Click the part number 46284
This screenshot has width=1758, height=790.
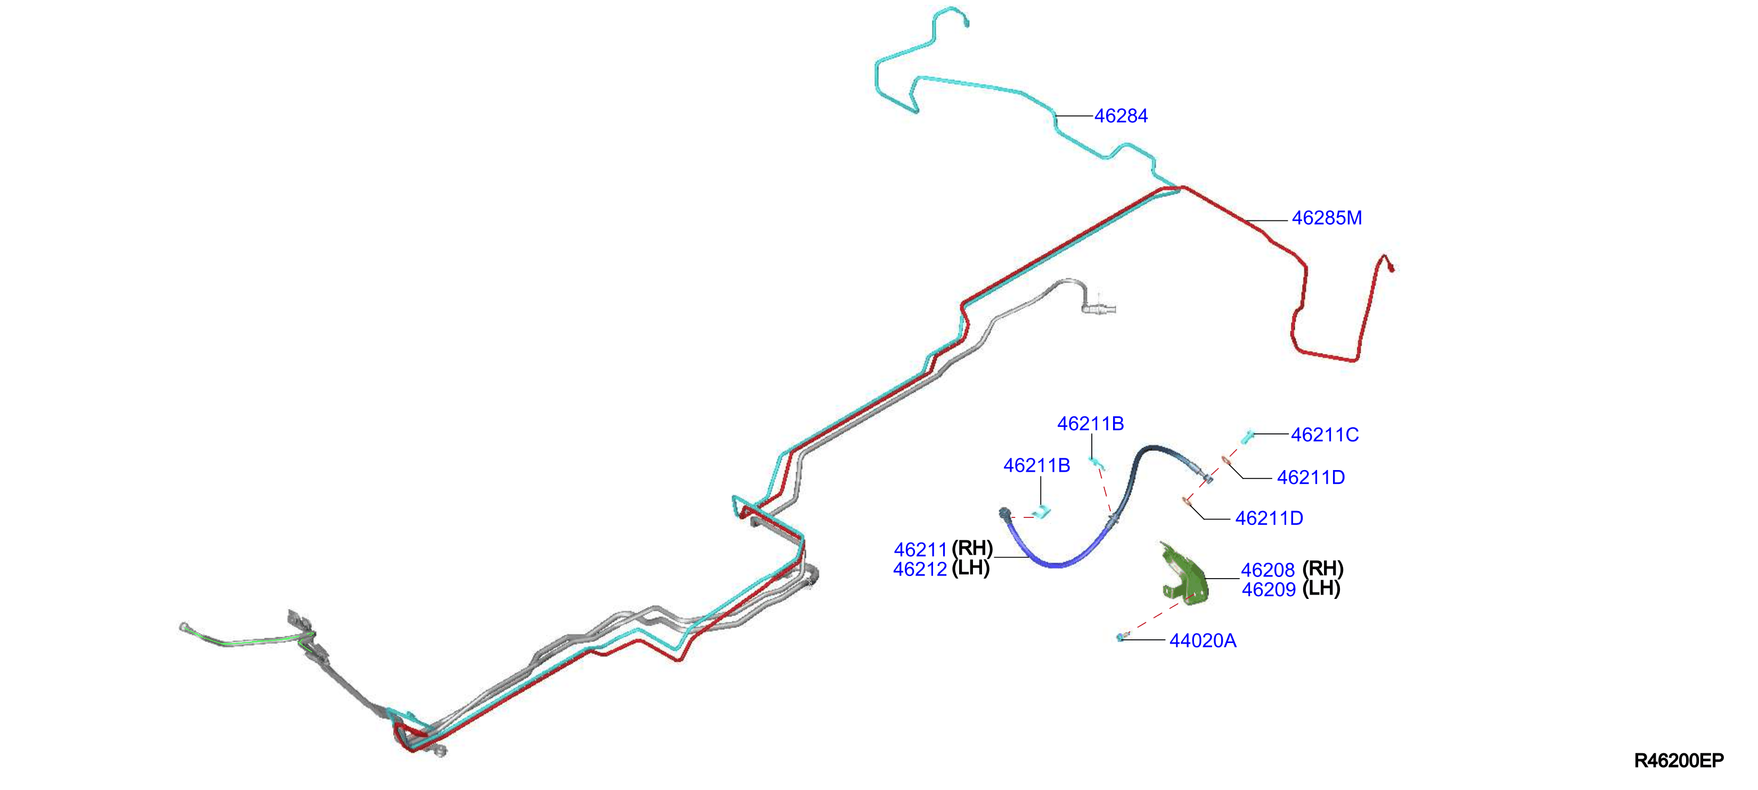(1121, 116)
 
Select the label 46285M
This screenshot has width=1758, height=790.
(1327, 218)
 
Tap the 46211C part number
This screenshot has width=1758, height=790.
(1324, 434)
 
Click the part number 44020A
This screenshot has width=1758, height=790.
(1203, 640)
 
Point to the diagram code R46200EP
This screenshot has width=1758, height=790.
(1679, 761)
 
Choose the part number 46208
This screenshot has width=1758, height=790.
(1268, 570)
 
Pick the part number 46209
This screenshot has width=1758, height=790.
(1268, 589)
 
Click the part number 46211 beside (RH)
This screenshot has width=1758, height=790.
(921, 549)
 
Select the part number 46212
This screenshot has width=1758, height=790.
(920, 569)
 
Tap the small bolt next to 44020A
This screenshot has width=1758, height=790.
(1121, 637)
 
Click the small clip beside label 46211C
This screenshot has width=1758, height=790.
(1247, 436)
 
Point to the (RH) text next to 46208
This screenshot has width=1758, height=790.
(1322, 569)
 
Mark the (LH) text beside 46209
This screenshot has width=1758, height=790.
(1321, 588)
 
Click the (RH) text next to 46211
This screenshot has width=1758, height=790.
(972, 548)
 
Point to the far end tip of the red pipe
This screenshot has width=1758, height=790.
(1391, 269)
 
